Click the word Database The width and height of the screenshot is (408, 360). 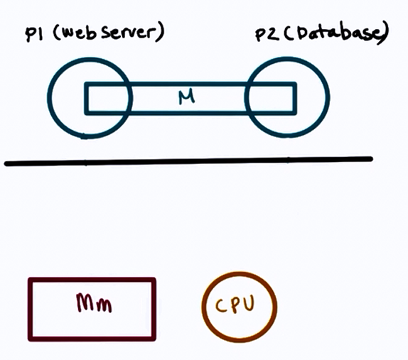point(335,33)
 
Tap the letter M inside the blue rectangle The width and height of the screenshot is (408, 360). point(186,97)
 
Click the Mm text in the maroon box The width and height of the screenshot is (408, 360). point(94,302)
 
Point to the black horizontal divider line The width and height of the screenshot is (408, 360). point(188,161)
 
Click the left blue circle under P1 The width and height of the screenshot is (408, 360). point(50,98)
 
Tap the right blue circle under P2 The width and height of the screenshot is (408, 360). point(328,97)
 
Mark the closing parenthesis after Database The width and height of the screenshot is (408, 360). point(384,34)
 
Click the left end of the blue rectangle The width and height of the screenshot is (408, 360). point(86,99)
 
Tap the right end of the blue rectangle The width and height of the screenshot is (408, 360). point(295,99)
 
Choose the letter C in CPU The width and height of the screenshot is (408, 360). point(220,305)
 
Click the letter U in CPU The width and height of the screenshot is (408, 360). point(249,303)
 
